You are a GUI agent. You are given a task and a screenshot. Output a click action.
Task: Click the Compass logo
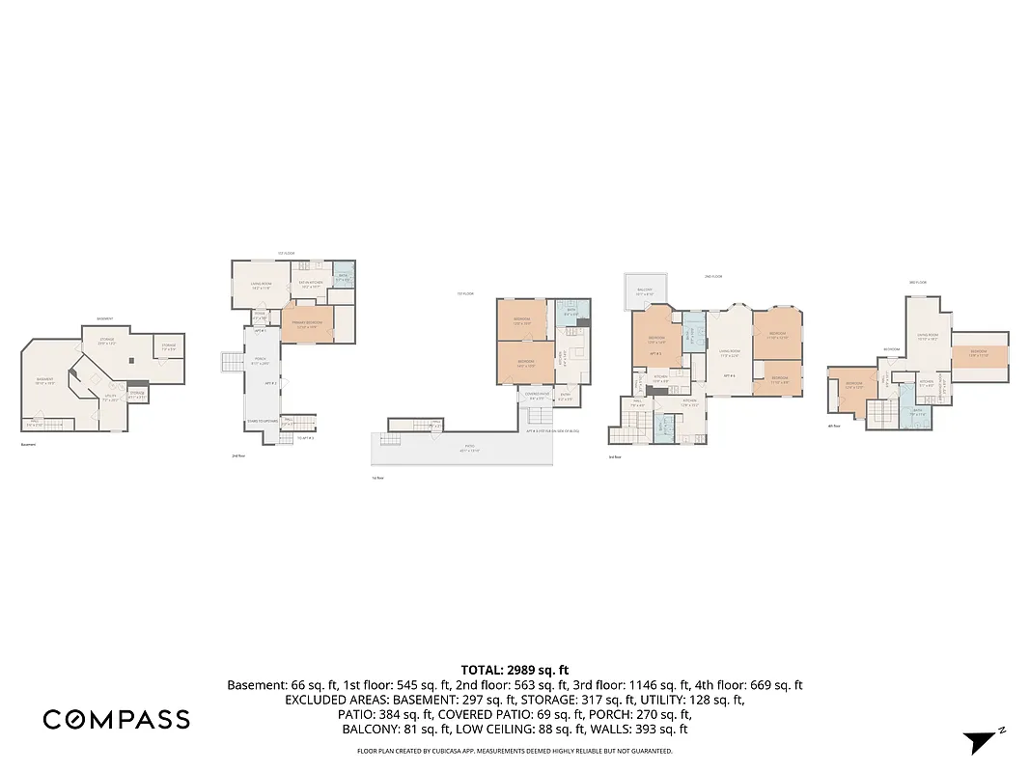coord(116,719)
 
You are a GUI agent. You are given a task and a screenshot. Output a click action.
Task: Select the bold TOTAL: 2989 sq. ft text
coord(515,670)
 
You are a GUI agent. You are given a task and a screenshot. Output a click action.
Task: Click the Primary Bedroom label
coord(307,325)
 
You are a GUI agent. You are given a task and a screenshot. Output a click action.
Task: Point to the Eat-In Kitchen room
coord(311,285)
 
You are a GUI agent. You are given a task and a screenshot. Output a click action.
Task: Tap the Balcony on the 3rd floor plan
coord(645,291)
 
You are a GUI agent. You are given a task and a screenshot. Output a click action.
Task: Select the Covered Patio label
coord(537,395)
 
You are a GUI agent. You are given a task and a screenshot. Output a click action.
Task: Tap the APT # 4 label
coord(731,375)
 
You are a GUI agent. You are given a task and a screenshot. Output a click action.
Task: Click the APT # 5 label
coord(654,354)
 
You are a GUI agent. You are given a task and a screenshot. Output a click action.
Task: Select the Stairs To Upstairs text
coord(263,422)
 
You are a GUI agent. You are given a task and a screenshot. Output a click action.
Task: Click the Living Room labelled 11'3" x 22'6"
coord(730,352)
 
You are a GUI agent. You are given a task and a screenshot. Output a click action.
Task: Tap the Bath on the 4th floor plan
coord(918,412)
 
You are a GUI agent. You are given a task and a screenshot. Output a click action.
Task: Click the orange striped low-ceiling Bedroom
coord(979,353)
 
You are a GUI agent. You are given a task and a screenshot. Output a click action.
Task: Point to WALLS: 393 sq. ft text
coord(646,730)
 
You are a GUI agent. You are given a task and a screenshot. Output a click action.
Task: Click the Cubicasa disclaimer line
coord(515,751)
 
